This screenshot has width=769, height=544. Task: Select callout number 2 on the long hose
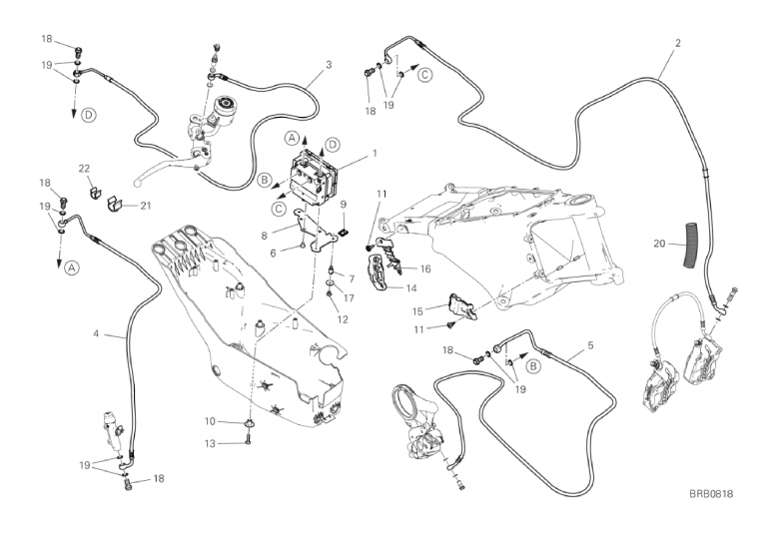[x=329, y=66]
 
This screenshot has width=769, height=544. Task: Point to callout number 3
[x=96, y=335]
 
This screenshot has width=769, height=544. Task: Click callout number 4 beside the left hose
[x=590, y=345]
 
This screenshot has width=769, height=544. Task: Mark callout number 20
[x=659, y=243]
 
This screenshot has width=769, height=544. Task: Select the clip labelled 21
[x=113, y=204]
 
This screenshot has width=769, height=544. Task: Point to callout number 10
[x=211, y=420]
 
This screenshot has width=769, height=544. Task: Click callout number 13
[x=211, y=442]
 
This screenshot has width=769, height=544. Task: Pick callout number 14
[x=411, y=288]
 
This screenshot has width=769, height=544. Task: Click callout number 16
[x=425, y=269]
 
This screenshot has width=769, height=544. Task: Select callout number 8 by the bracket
[x=265, y=236]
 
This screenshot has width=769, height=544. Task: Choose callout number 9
[x=343, y=205]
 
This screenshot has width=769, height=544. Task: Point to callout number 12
[x=343, y=319]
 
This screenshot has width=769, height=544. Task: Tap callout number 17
[x=350, y=296]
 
